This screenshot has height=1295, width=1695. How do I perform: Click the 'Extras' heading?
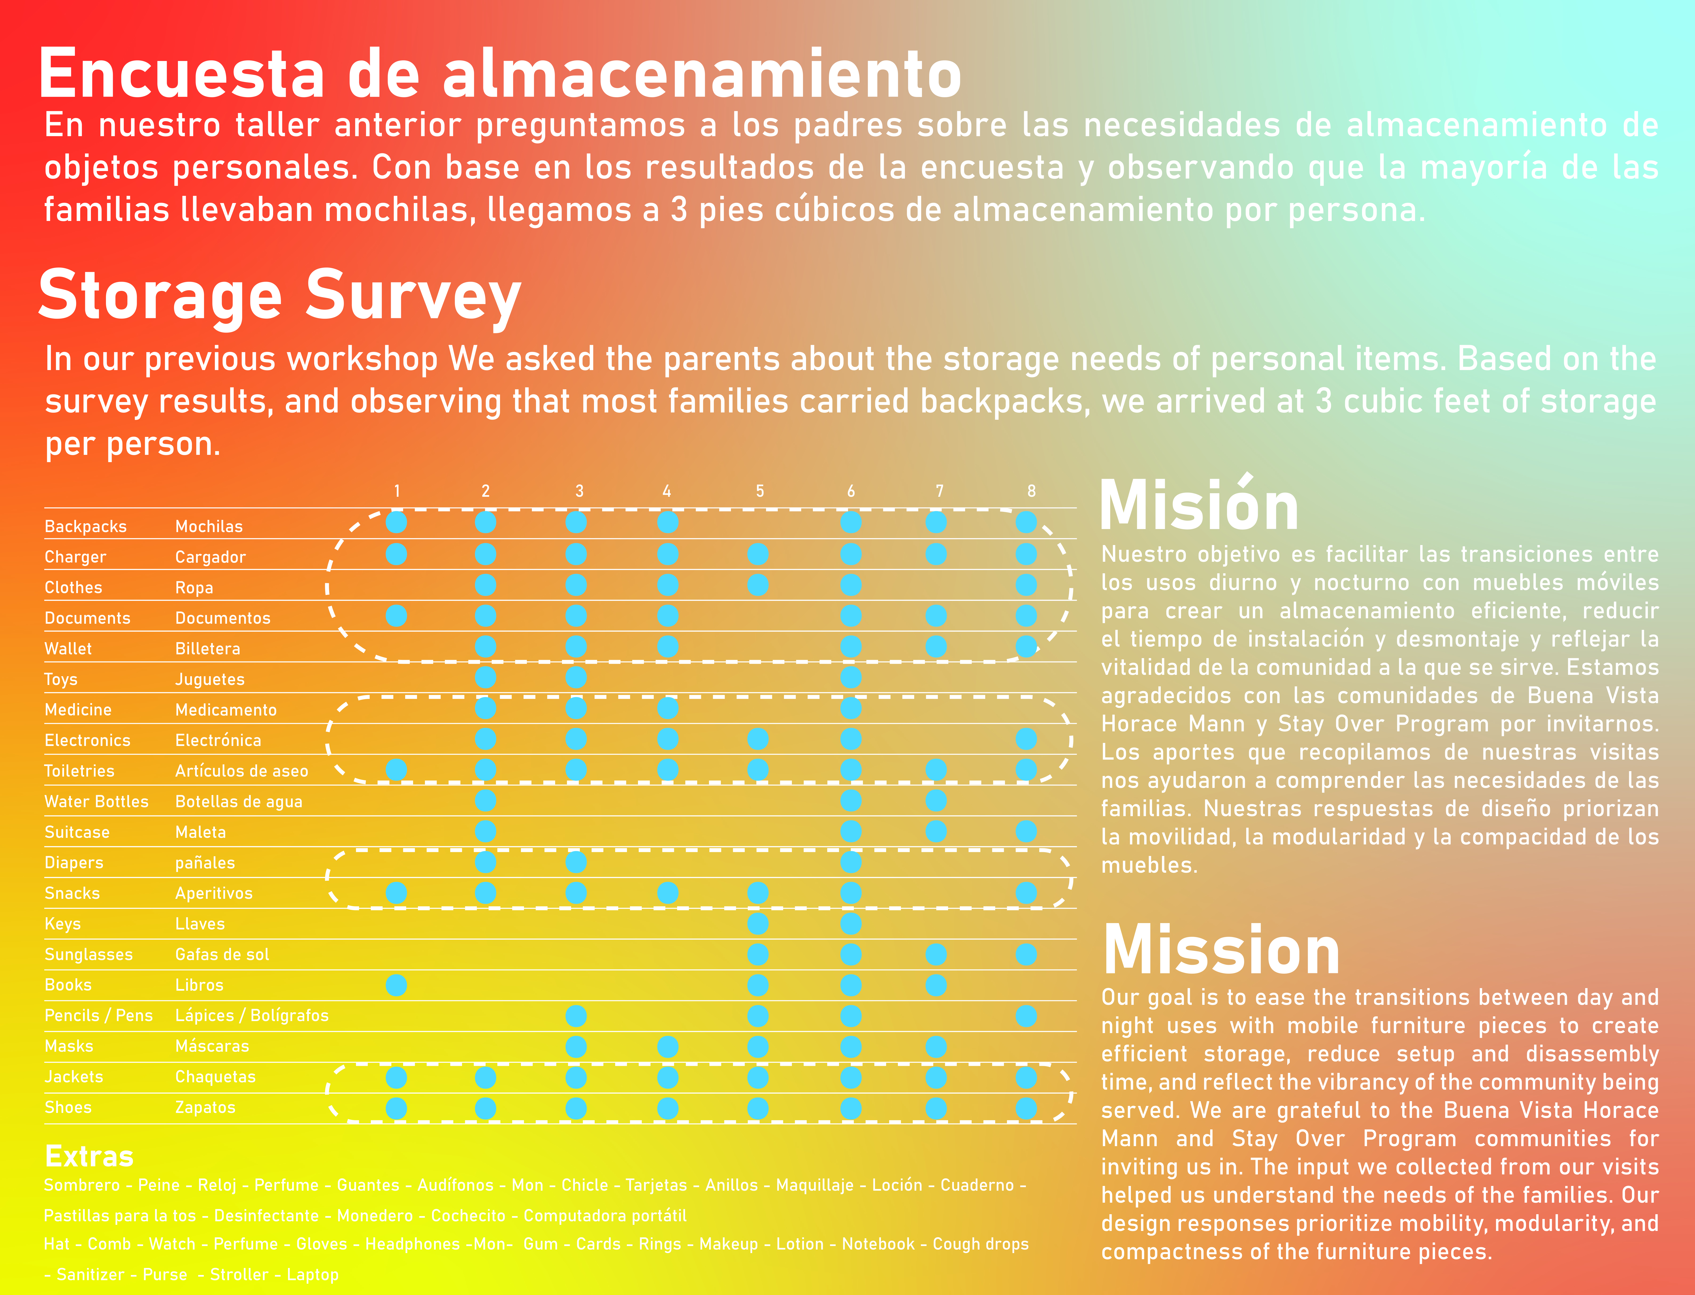89,1156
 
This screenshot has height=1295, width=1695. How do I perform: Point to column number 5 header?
760,491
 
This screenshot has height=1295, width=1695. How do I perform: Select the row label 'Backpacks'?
85,526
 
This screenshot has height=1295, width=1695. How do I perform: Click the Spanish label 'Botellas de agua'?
239,802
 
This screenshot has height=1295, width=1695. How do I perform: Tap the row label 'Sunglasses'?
89,954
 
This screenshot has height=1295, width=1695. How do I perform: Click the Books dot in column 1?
396,985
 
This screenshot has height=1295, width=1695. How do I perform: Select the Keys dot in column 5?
758,924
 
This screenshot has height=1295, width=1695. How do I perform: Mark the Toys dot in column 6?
851,678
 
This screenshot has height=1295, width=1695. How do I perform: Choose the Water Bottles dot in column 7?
936,801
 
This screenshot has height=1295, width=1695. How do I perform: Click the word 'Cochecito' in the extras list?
468,1216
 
